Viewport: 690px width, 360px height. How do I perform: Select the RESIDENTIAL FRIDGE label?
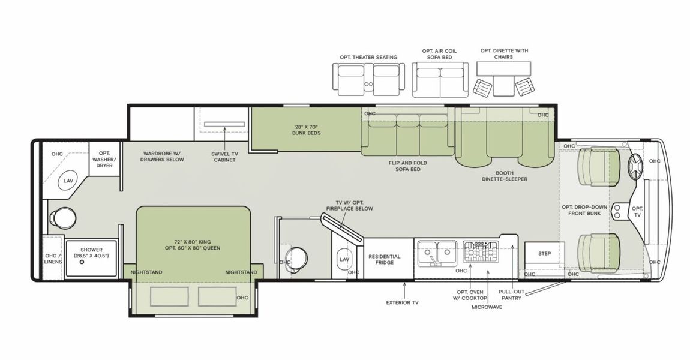tap(384, 259)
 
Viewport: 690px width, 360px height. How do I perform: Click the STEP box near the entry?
tap(544, 253)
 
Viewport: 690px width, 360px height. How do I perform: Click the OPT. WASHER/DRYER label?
tap(105, 158)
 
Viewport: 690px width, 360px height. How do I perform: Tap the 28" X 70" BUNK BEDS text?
tap(307, 129)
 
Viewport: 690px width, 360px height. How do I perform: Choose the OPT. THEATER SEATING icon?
tap(368, 79)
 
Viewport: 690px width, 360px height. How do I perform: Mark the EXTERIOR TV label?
tap(402, 302)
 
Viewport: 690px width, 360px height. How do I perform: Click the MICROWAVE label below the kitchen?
tap(487, 307)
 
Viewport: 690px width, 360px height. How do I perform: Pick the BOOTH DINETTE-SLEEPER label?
tap(504, 175)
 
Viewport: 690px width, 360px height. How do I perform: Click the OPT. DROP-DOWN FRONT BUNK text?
tap(584, 211)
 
